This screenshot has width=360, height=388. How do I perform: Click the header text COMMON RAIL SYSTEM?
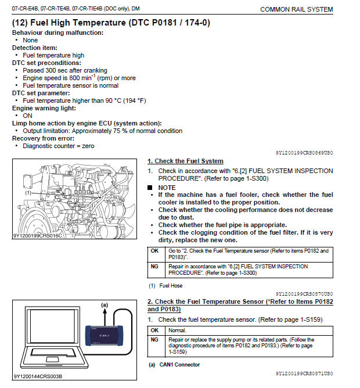tap(296, 9)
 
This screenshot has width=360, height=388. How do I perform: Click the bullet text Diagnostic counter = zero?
tap(58, 146)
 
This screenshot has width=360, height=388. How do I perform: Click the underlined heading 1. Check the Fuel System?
tap(185, 161)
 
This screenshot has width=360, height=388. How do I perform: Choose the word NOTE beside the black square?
tap(167, 188)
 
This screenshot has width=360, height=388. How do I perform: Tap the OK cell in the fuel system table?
tap(154, 251)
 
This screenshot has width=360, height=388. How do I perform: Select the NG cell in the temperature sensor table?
tap(154, 340)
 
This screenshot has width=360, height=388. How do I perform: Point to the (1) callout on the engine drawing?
tap(27, 191)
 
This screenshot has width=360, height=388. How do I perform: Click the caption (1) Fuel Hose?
tap(166, 286)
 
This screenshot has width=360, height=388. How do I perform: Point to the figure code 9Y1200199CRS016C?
tap(37, 236)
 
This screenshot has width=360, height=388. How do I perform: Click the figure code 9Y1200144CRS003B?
tap(38, 376)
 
